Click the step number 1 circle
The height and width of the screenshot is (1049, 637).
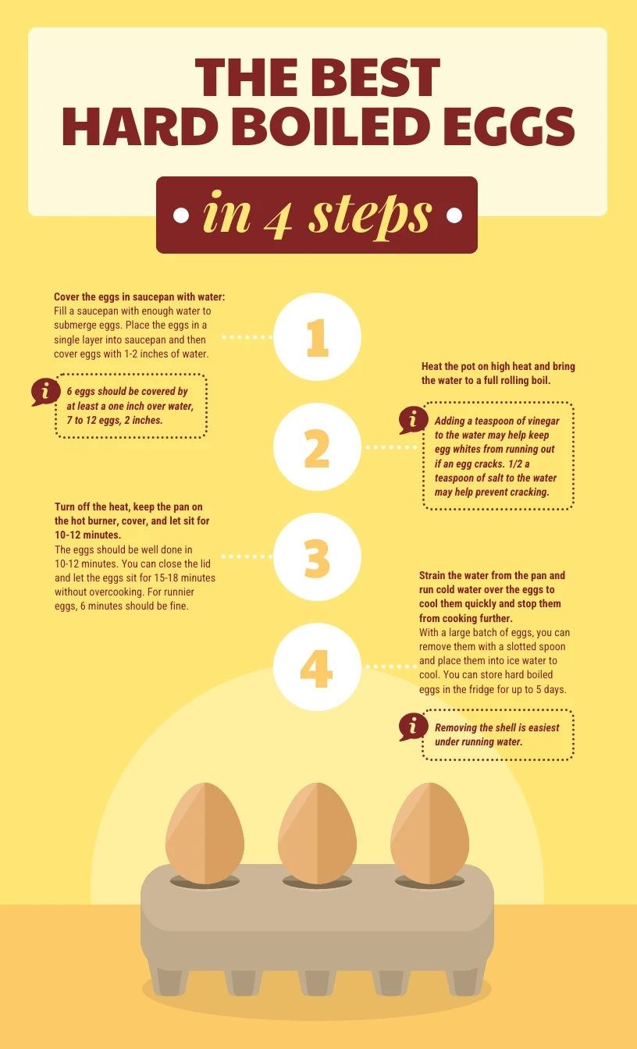click(317, 337)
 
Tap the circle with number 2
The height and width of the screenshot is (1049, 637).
click(317, 447)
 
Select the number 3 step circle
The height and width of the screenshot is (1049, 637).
click(317, 557)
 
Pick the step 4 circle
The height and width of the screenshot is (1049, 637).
click(317, 667)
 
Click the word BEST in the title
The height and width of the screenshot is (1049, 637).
click(380, 79)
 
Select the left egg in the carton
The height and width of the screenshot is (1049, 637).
click(205, 833)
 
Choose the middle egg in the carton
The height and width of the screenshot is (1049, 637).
click(318, 833)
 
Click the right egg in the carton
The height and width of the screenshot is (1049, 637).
click(430, 833)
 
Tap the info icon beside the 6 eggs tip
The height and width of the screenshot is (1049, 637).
click(44, 392)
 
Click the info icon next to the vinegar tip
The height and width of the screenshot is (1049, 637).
click(411, 421)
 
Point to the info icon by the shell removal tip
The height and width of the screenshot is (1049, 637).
click(411, 727)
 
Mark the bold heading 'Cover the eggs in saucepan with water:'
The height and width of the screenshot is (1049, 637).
click(139, 297)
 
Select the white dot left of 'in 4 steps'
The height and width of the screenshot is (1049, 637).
click(181, 215)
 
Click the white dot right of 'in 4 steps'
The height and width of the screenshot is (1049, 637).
click(453, 215)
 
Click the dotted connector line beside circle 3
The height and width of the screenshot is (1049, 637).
click(246, 557)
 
